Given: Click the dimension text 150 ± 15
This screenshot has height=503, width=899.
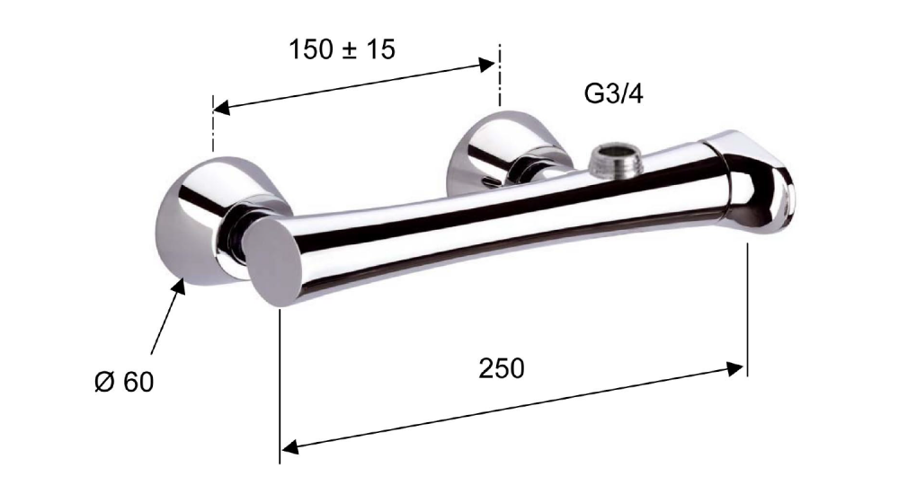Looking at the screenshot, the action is coord(343,49).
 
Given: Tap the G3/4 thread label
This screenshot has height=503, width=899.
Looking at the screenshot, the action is coord(613,93).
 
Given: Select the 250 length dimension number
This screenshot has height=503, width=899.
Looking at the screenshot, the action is coord(502,368).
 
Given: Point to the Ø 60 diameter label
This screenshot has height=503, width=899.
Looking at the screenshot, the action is coord(124,382).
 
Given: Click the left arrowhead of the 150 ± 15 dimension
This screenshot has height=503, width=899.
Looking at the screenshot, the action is coord(221,107).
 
